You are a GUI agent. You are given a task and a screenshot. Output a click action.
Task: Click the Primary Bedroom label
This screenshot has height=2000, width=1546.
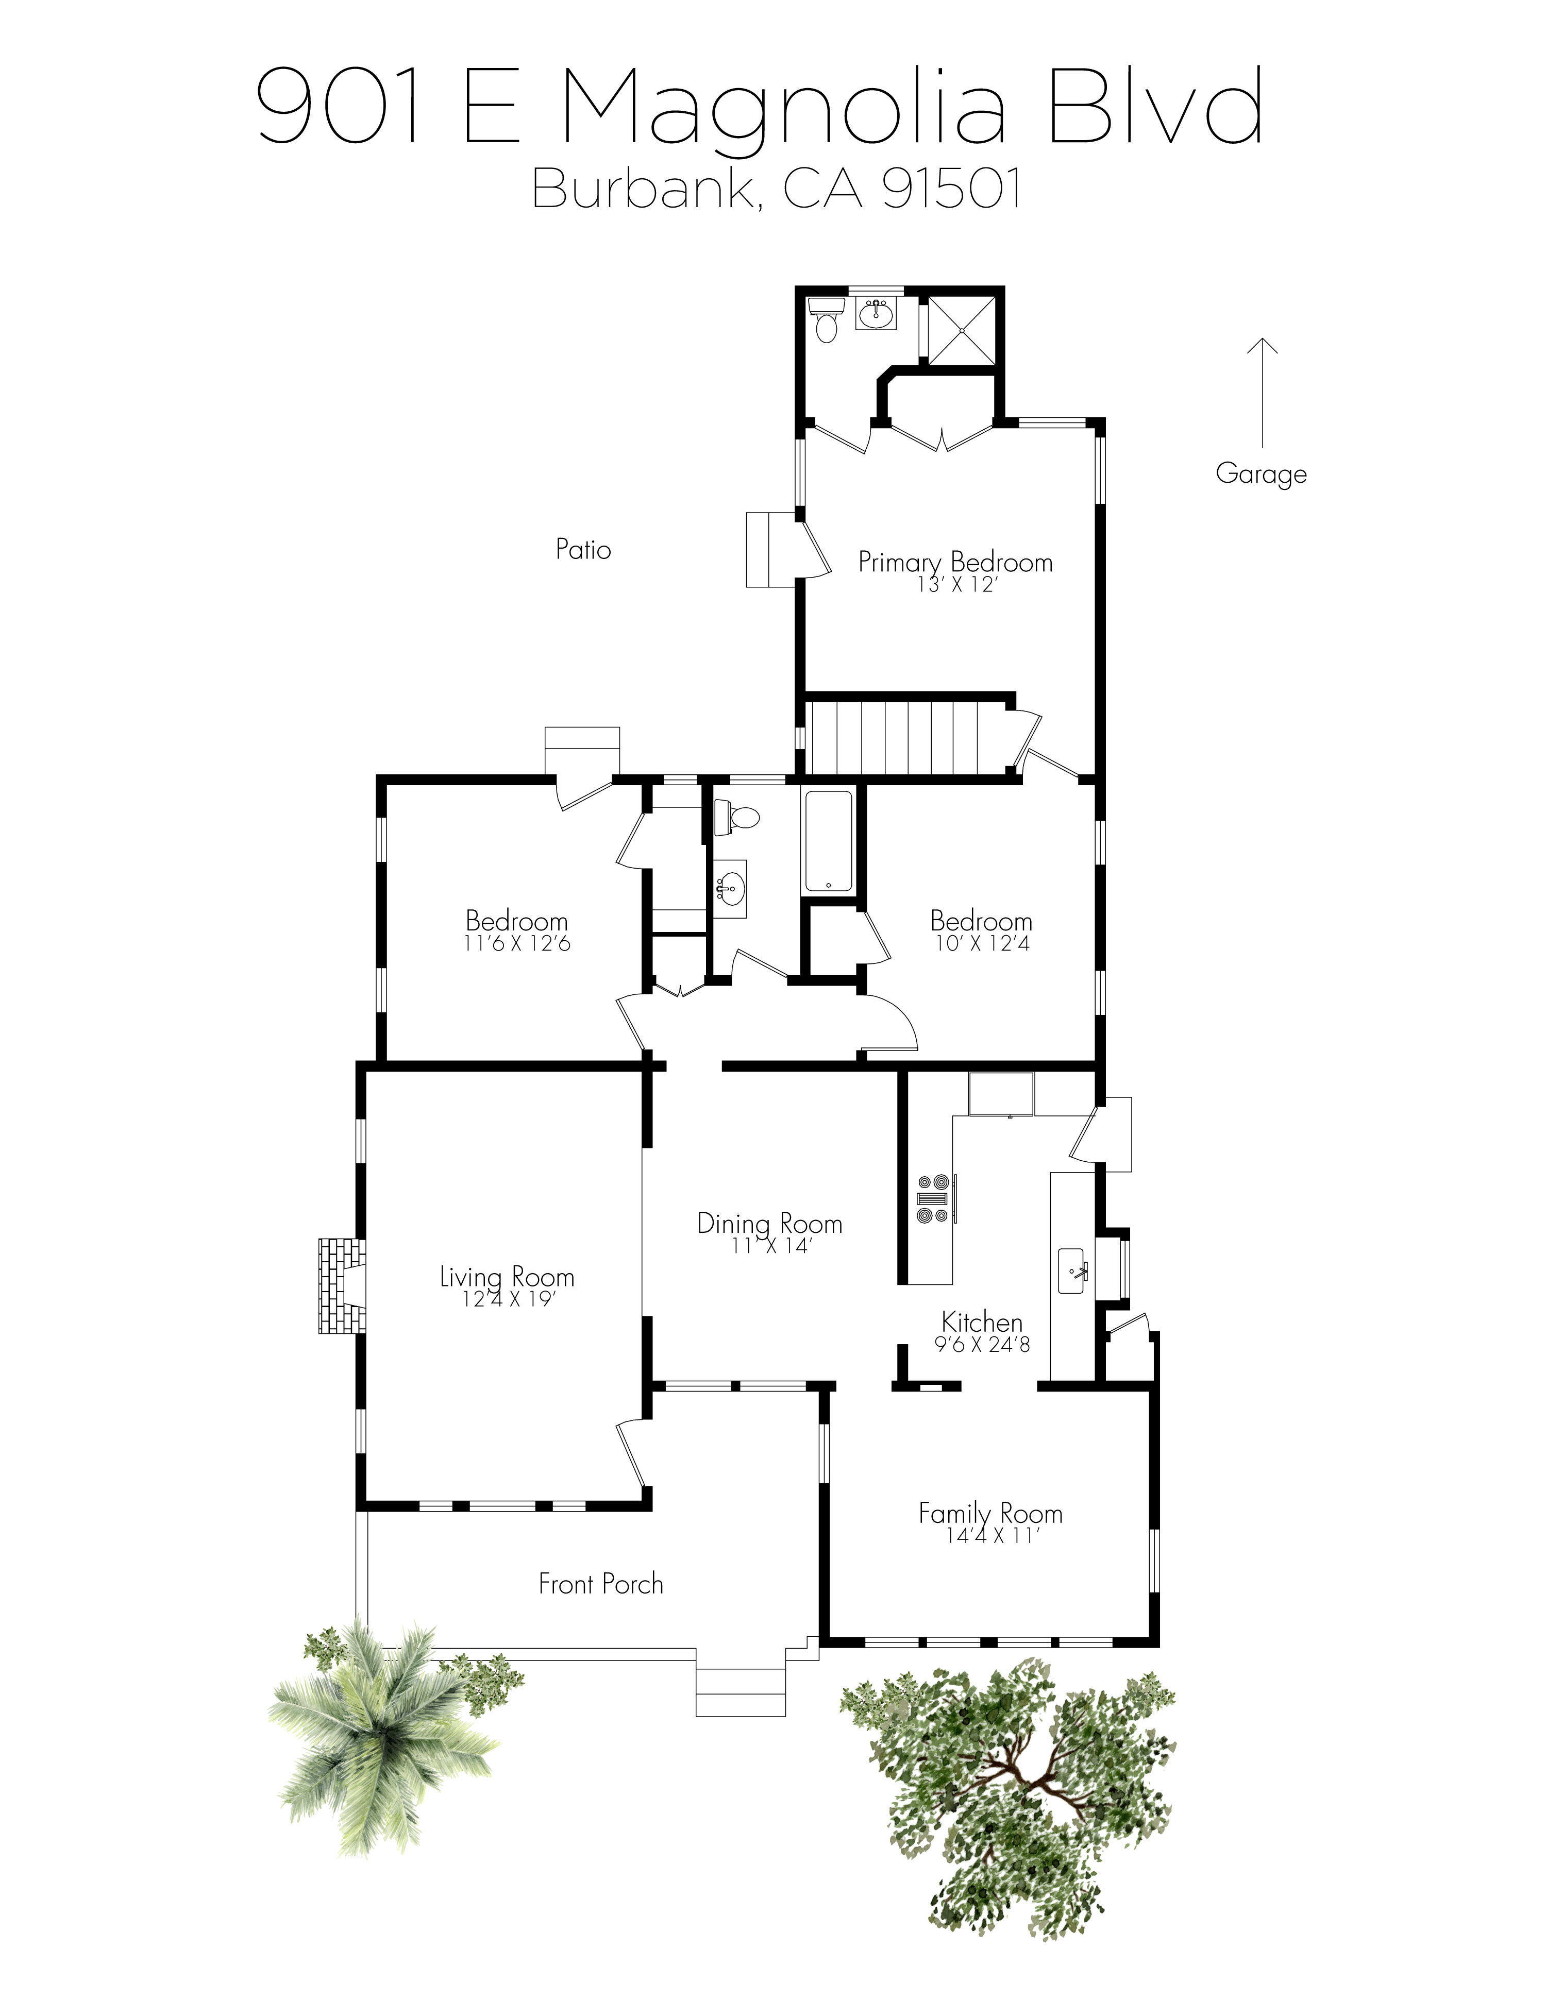(x=955, y=562)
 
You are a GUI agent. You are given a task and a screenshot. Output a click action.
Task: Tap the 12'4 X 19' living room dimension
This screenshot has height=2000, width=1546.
(x=508, y=1298)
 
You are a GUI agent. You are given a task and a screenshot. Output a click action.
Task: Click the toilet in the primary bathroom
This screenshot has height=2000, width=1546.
(x=827, y=320)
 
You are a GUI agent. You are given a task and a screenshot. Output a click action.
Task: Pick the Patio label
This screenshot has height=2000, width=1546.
(x=583, y=549)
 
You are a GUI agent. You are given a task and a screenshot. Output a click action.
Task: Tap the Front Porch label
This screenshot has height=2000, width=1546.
(x=601, y=1584)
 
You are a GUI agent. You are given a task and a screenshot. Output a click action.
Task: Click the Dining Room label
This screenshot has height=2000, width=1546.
(x=769, y=1224)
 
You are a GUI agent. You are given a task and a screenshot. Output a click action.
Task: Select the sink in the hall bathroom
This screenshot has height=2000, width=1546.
(x=730, y=887)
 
